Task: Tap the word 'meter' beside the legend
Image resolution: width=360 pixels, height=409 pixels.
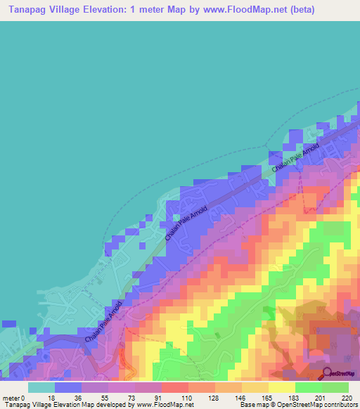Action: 11,397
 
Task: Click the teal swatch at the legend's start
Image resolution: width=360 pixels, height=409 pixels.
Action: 41,387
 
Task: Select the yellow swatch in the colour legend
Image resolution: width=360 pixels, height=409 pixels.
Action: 281,387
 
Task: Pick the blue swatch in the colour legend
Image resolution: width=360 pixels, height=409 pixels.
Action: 68,387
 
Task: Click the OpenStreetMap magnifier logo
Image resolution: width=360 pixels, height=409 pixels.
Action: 328,372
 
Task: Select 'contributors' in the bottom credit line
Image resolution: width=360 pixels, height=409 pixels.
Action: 338,405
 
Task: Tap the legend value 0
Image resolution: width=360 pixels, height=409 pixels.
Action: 22,397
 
